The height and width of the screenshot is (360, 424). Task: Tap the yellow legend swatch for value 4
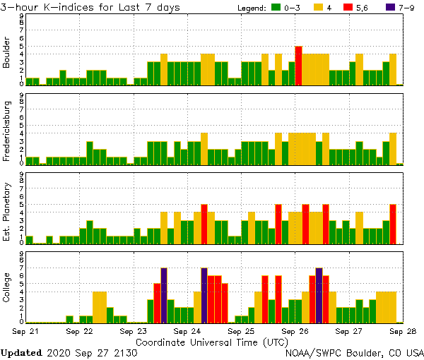click(326, 8)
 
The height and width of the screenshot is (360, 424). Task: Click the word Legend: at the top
click(250, 8)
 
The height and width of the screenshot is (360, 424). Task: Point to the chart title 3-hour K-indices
click(57, 7)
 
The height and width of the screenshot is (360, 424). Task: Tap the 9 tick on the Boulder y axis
click(22, 16)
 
